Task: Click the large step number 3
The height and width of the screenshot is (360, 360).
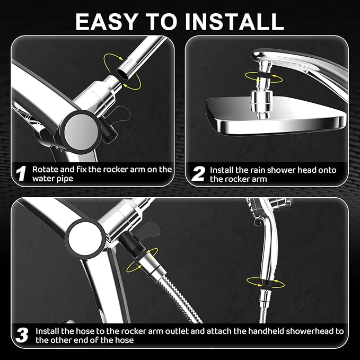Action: click(x=21, y=335)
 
